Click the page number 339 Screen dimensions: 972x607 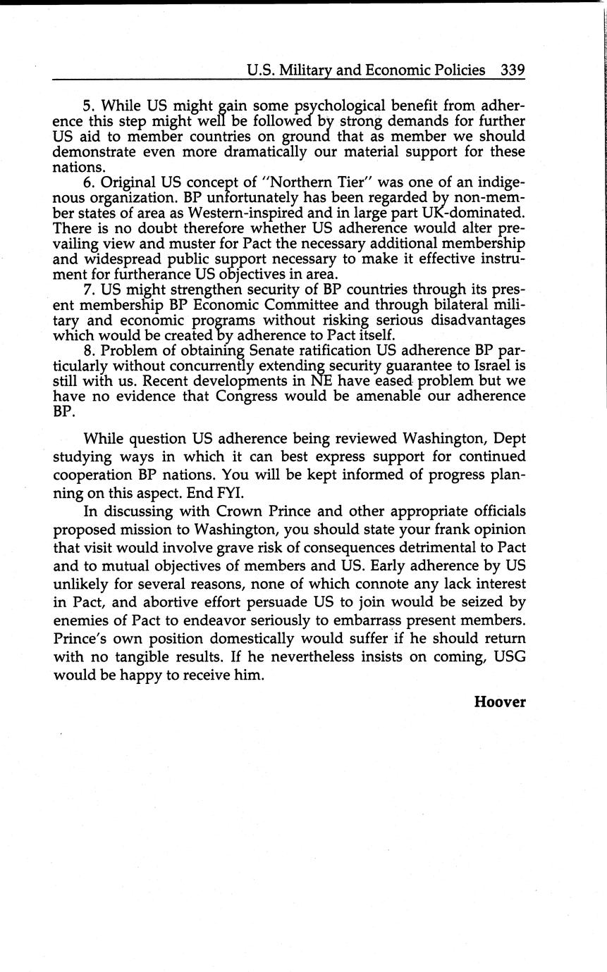pyautogui.click(x=512, y=70)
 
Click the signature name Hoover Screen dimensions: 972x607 pyautogui.click(x=500, y=702)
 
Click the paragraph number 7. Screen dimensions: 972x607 pyautogui.click(x=88, y=289)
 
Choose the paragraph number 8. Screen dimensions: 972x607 pyautogui.click(x=88, y=351)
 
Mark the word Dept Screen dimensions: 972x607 pyautogui.click(x=510, y=438)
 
